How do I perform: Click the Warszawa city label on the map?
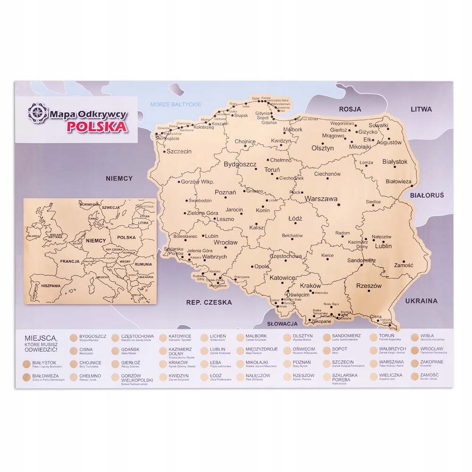(321, 199)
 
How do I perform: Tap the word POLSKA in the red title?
(96, 127)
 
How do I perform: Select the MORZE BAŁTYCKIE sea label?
(176, 104)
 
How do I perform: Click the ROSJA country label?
(350, 109)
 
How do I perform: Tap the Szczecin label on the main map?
(179, 152)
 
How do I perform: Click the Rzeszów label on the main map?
(369, 286)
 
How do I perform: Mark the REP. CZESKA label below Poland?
(209, 302)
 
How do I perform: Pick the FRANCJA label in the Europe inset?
(69, 261)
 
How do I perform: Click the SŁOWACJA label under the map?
(282, 324)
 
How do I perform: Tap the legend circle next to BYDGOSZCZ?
(73, 337)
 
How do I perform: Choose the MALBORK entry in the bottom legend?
(256, 336)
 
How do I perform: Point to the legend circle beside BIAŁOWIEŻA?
(25, 377)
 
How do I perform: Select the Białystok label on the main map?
(394, 161)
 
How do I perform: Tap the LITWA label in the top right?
(421, 109)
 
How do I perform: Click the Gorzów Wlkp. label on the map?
(198, 182)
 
